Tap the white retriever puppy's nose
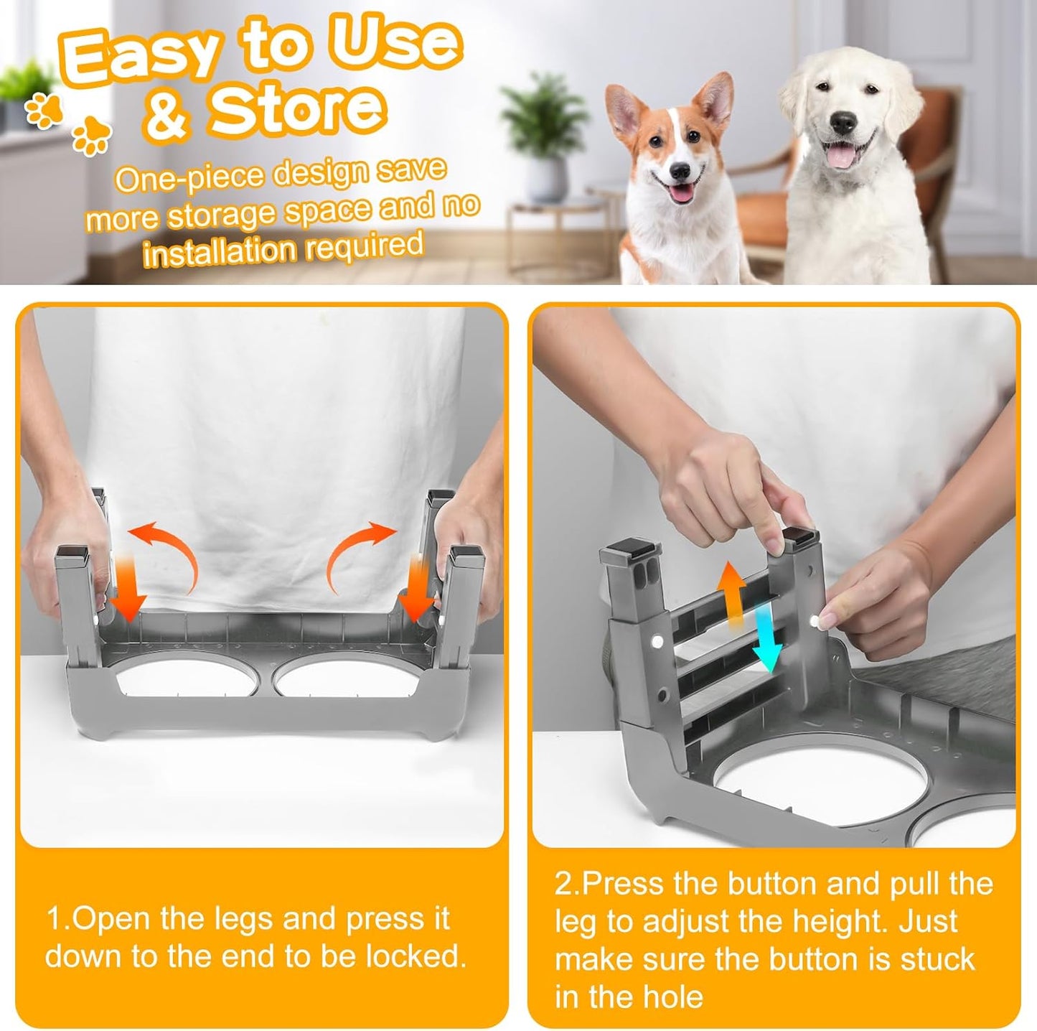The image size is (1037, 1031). click(x=843, y=123)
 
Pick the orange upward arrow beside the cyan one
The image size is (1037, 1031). click(x=732, y=596)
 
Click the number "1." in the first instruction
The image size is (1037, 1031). click(x=57, y=920)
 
